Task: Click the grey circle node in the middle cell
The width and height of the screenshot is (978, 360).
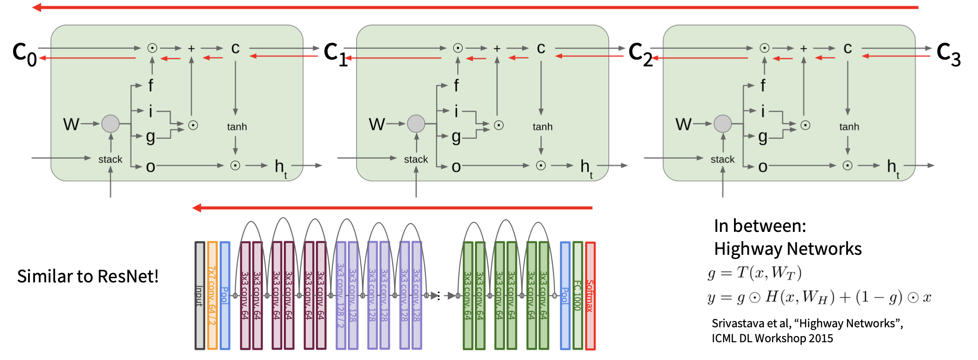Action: coord(416,124)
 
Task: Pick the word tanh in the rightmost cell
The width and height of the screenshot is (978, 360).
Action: coord(849,127)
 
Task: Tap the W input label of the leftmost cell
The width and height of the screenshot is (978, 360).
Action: coord(71,124)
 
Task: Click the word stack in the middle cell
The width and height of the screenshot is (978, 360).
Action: coord(416,159)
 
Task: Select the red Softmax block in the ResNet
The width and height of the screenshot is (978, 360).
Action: coord(590,295)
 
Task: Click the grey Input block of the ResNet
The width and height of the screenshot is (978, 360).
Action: coord(200,295)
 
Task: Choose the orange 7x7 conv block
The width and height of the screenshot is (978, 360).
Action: coord(212,295)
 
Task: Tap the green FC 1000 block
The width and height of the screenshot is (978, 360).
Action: coord(578,295)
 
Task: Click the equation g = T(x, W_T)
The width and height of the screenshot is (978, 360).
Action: coord(755,273)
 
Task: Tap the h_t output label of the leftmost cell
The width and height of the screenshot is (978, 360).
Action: coord(280,167)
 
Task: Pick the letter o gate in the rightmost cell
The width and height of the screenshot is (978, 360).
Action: coord(763,167)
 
